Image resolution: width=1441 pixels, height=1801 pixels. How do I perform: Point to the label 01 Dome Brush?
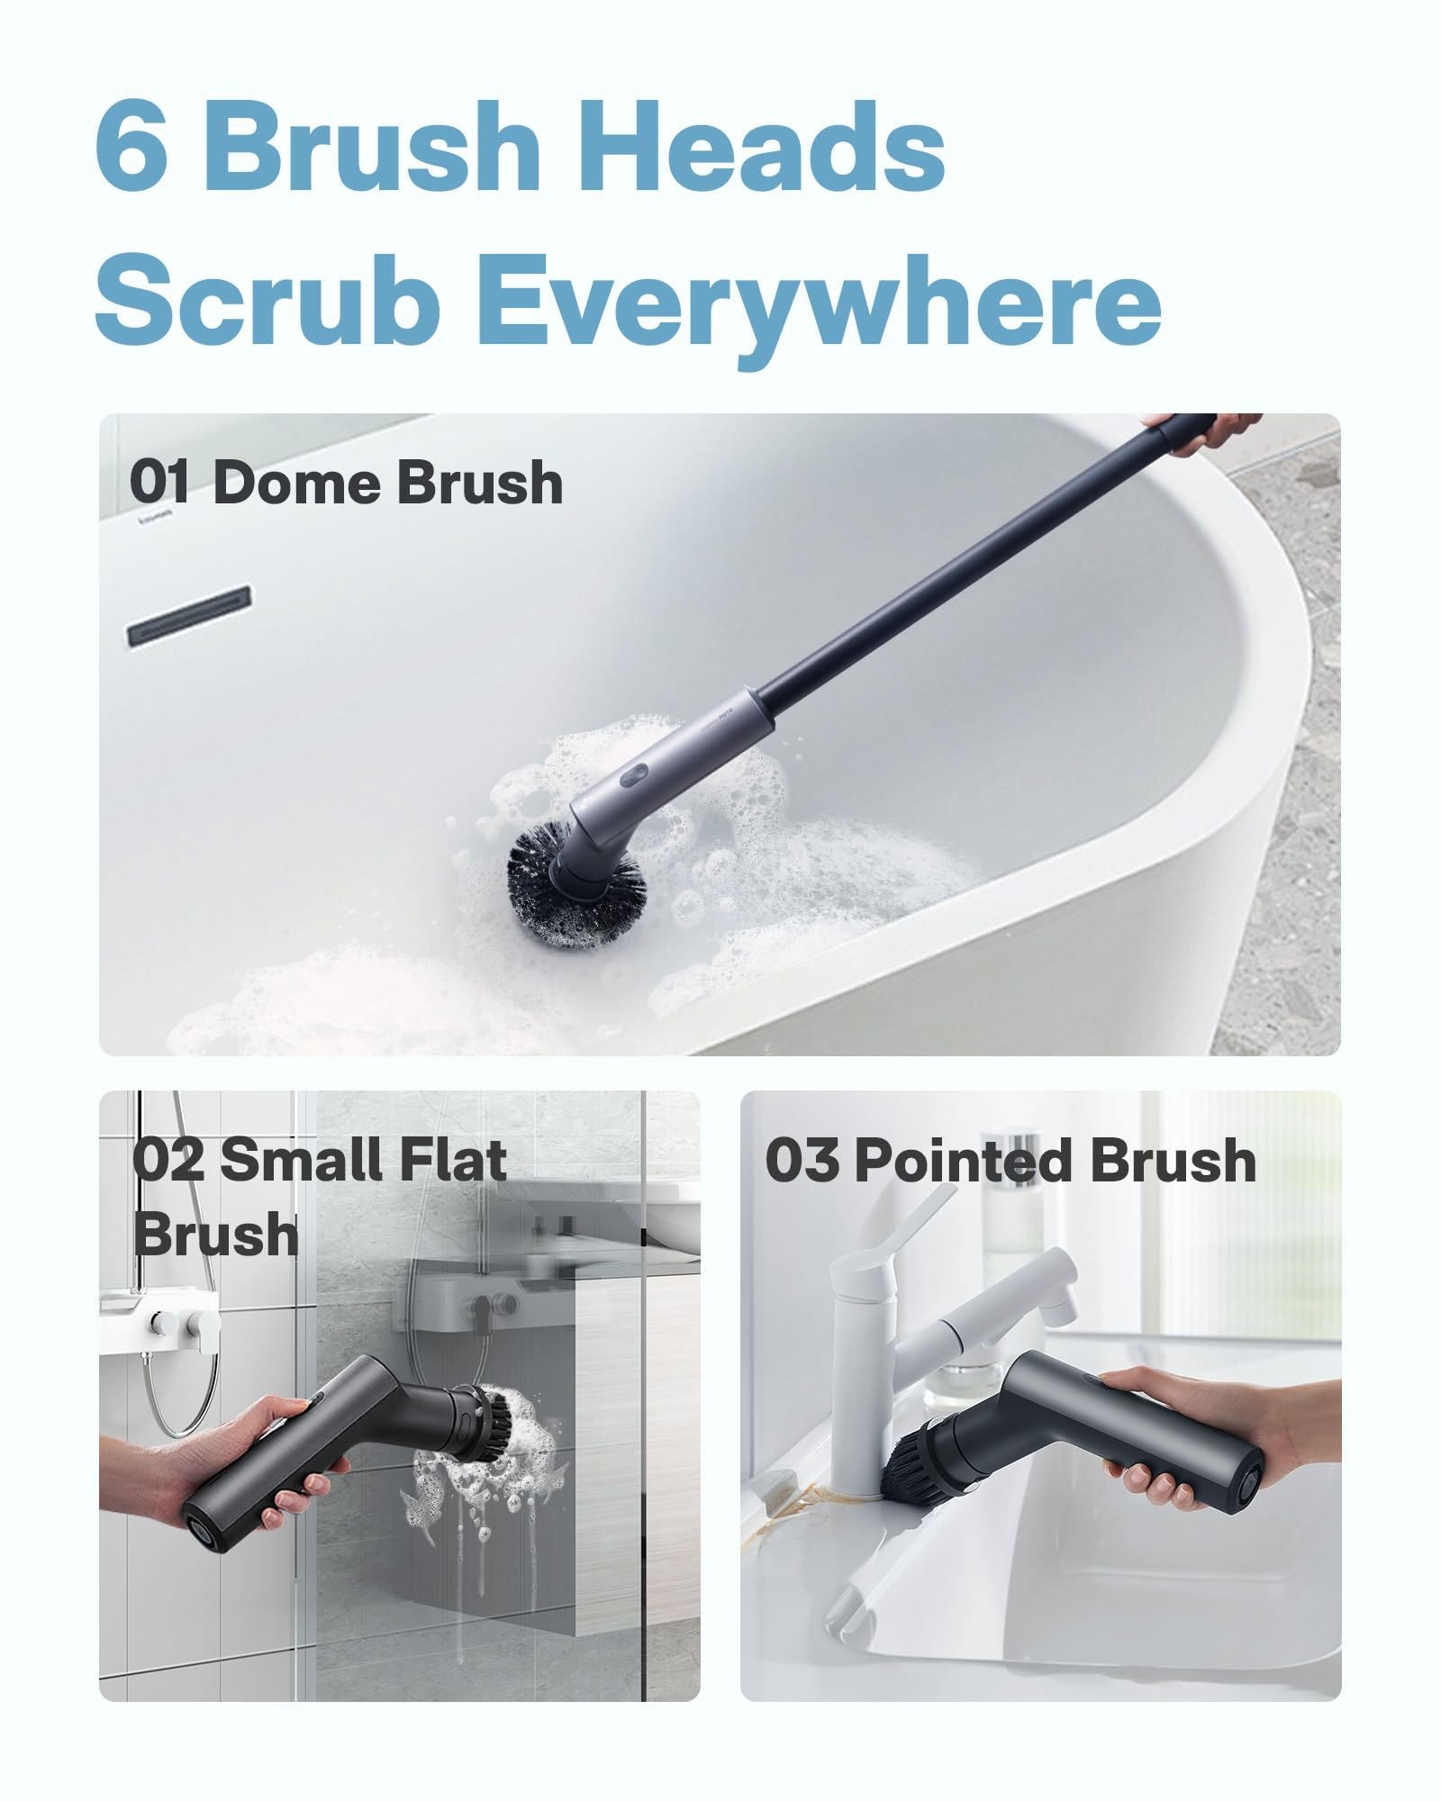click(347, 484)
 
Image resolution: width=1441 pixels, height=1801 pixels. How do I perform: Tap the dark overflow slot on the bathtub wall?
click(187, 615)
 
